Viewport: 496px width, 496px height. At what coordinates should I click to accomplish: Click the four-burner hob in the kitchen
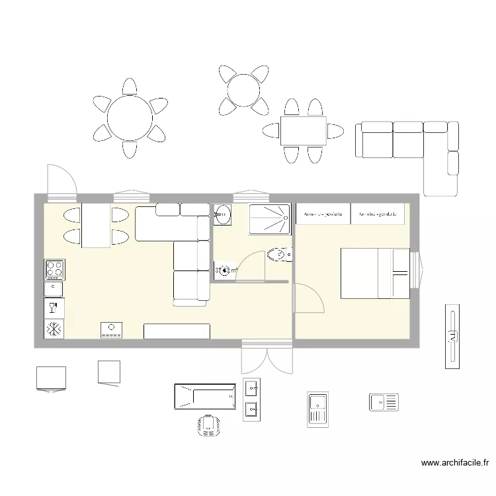pos(54,269)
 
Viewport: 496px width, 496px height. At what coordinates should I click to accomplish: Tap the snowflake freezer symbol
pos(54,328)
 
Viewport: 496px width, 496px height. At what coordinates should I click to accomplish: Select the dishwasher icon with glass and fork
pos(54,308)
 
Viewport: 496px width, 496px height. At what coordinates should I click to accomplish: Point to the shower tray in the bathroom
pos(269,218)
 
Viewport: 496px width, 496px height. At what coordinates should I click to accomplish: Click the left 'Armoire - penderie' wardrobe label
pos(323,214)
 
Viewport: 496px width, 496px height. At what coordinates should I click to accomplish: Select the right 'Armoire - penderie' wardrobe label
pos(379,214)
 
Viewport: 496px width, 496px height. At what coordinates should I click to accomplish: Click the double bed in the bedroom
pos(374,273)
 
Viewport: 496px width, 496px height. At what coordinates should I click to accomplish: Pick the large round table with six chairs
pos(130,118)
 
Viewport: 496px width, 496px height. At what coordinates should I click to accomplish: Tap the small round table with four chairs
pos(243,89)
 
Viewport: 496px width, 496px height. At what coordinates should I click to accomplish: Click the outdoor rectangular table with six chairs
pos(303,131)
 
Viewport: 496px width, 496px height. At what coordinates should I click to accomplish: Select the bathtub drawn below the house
pos(204,396)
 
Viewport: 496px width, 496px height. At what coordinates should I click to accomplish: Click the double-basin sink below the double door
pos(251,399)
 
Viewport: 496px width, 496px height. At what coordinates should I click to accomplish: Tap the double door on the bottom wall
pos(267,357)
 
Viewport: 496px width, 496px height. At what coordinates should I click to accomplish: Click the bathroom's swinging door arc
pos(252,268)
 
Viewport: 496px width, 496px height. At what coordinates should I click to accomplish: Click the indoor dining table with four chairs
pos(97,226)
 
